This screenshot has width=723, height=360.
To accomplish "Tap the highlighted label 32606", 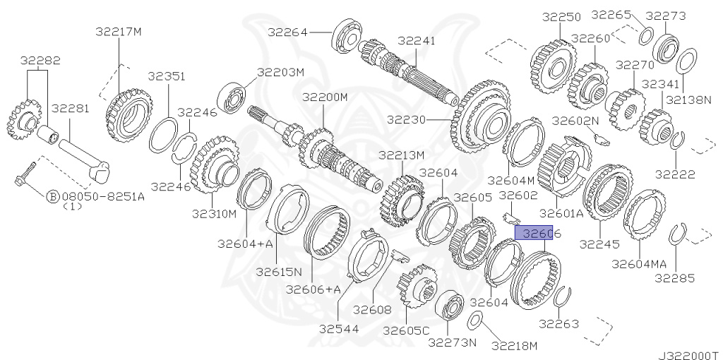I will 539,232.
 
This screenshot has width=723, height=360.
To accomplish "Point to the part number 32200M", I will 325,96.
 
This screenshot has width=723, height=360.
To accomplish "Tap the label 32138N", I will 689,100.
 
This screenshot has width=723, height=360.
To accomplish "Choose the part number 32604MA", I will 639,263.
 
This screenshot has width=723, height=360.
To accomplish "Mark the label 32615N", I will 279,271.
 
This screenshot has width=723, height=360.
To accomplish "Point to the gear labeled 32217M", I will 129,115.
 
